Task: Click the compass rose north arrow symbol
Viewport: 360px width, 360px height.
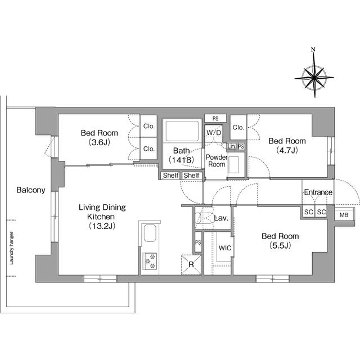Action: click(314, 73)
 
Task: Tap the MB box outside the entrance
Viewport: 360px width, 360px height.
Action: click(344, 215)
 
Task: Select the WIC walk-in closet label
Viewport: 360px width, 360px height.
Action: click(225, 248)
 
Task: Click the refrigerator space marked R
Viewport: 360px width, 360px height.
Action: click(191, 264)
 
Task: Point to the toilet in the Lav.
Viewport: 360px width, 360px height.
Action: click(204, 218)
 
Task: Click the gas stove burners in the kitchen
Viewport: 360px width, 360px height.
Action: click(150, 261)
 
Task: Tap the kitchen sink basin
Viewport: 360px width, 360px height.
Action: click(150, 233)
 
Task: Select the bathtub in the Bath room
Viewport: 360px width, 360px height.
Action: click(182, 131)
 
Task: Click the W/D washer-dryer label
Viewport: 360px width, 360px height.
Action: click(214, 133)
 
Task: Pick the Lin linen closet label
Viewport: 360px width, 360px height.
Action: click(231, 146)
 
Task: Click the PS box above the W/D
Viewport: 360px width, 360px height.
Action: click(215, 119)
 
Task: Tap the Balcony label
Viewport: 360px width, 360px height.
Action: click(31, 190)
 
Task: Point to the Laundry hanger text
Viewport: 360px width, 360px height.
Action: click(11, 248)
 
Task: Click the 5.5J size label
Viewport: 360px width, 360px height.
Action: click(280, 246)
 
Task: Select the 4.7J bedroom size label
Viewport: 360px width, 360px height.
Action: click(287, 150)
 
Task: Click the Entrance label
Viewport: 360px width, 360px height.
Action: click(318, 192)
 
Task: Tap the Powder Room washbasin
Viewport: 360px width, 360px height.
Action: click(234, 165)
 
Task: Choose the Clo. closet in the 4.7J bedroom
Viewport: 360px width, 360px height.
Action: click(238, 128)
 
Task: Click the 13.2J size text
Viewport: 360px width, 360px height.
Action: click(102, 226)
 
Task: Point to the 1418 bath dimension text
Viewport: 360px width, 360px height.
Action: click(182, 160)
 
